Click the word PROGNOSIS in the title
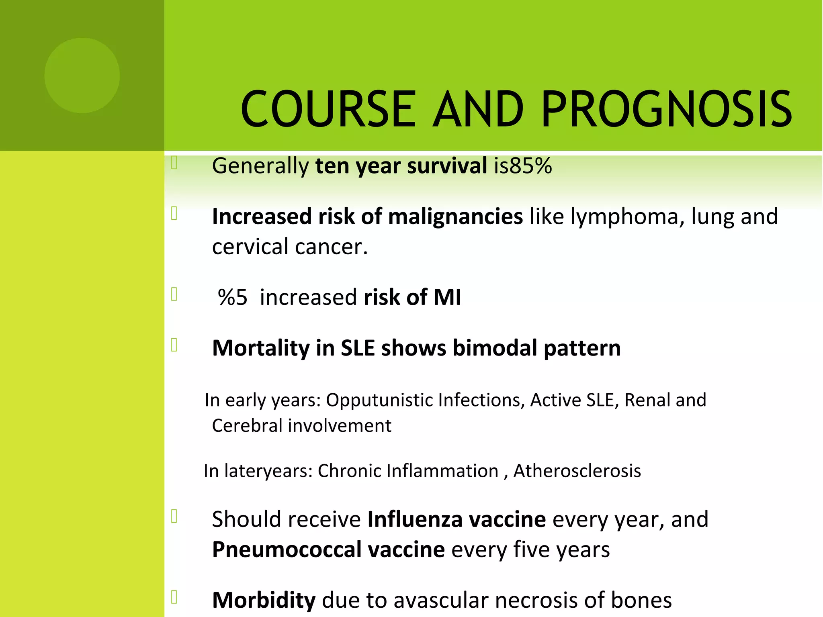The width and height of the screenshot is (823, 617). (666, 109)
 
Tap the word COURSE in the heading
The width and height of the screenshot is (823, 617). (328, 109)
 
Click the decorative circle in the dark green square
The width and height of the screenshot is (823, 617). (82, 76)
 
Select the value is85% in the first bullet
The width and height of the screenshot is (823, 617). (523, 165)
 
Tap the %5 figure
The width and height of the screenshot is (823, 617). (233, 298)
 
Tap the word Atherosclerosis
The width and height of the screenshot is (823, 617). (577, 471)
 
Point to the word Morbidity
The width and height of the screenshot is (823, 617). (264, 601)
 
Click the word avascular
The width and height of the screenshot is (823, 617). (440, 601)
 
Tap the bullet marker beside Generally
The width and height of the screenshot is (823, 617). (174, 163)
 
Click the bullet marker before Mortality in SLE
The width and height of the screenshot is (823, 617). (174, 345)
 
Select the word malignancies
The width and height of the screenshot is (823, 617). (455, 217)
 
